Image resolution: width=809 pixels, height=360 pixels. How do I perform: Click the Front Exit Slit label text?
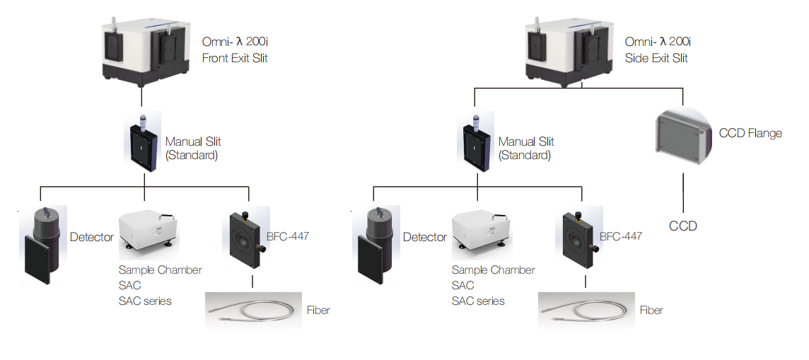point(235,58)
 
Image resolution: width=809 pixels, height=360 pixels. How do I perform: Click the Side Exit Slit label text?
point(656,58)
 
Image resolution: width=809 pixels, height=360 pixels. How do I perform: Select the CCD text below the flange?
point(682,226)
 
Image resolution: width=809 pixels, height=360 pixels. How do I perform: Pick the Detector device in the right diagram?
point(376,245)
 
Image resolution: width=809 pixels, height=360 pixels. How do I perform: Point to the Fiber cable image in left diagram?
point(252,310)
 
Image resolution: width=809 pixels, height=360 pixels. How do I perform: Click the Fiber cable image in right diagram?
point(586,310)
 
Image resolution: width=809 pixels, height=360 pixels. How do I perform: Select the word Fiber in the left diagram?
point(318,310)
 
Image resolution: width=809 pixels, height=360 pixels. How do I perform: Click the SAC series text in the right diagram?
point(478,301)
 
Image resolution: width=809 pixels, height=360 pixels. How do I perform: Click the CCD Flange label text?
point(750,133)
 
